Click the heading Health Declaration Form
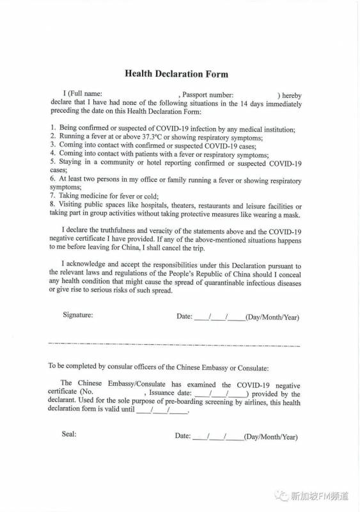click(176, 74)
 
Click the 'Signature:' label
click(77, 315)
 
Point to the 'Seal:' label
click(69, 434)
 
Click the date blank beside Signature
click(219, 316)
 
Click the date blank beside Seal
click(217, 436)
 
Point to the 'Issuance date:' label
click(169, 394)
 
